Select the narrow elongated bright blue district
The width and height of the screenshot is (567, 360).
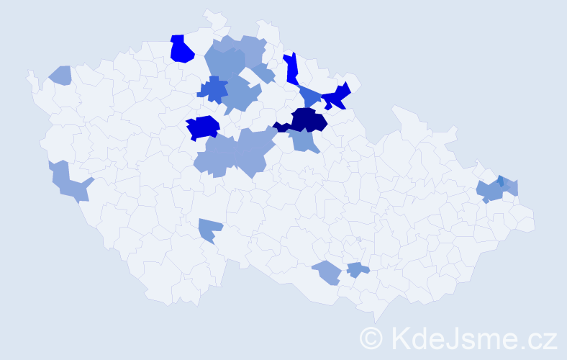(291, 69)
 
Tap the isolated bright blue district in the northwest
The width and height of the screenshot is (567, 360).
(181, 50)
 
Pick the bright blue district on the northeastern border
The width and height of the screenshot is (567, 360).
(337, 96)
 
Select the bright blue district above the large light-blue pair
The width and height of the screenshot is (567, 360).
(203, 127)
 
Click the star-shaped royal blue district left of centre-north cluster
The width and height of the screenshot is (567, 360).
(212, 90)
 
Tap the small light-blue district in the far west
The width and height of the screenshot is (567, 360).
(61, 74)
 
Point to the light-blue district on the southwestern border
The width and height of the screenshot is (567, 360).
(70, 184)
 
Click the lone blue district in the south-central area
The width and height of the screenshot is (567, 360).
(209, 229)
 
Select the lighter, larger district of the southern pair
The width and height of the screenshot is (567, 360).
(327, 272)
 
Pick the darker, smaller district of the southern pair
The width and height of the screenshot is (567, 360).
(357, 270)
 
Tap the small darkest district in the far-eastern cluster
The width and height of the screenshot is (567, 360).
(501, 181)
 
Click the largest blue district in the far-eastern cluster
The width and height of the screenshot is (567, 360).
(491, 192)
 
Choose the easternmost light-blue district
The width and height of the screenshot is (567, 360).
(512, 187)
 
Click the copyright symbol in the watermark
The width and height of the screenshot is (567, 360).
(371, 338)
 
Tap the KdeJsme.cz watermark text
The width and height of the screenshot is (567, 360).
(472, 338)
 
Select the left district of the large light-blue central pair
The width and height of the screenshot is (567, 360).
(216, 156)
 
